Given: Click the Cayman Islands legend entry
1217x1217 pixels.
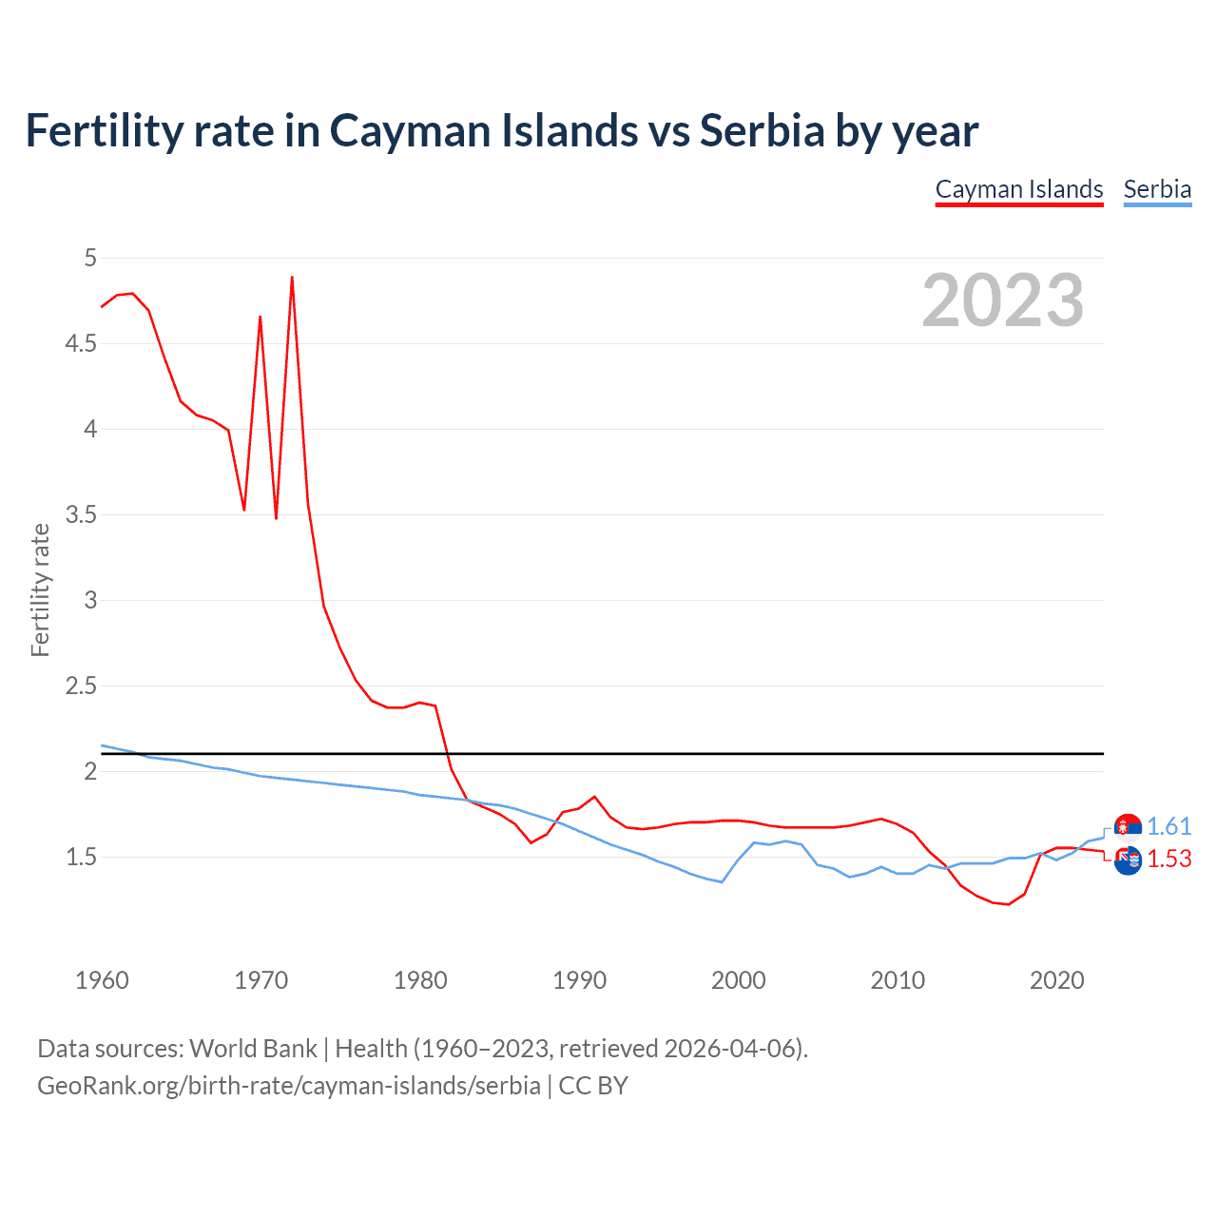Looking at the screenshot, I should tap(1018, 189).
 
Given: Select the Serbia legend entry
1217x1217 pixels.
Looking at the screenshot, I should tap(1157, 189).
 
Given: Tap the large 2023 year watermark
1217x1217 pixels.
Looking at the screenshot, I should tap(1002, 300).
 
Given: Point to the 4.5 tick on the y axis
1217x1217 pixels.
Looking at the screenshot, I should tap(81, 343).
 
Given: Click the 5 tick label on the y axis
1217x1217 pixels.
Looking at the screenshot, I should tap(90, 258).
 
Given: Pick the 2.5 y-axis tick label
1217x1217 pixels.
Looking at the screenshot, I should tap(81, 686).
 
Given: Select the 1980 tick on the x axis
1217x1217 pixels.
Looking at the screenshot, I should tap(420, 980).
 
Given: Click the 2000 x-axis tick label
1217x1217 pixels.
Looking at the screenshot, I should tap(738, 980).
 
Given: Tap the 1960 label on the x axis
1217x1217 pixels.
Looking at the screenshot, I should tap(102, 980).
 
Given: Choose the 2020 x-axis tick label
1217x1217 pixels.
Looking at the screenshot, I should tap(1056, 980).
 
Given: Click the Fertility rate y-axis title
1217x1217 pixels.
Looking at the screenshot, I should tap(40, 589).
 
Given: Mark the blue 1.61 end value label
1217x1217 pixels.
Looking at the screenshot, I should tap(1169, 826).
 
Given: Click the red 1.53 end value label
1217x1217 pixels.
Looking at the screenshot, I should tap(1169, 859).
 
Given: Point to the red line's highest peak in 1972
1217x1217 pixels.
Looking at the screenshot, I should tap(292, 278).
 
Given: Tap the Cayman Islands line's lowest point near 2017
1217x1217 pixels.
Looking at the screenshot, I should tap(1008, 904).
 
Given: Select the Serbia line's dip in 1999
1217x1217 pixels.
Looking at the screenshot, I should tap(722, 881).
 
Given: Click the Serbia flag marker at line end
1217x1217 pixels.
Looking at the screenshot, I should tap(1128, 827).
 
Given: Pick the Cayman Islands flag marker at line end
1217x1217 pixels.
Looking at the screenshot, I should tap(1128, 860).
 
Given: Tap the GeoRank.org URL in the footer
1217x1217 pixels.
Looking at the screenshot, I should tap(288, 1086).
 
